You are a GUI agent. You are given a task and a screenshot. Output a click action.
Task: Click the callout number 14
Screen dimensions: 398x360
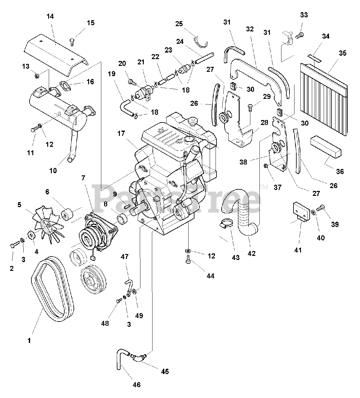pyautogui.click(x=50, y=16)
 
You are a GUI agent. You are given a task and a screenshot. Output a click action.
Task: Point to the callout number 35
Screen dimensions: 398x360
pyautogui.click(x=342, y=53)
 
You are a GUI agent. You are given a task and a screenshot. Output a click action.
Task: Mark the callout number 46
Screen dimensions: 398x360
pyautogui.click(x=137, y=385)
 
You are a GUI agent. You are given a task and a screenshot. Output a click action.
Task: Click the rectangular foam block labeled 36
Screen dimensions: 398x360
pyautogui.click(x=326, y=146)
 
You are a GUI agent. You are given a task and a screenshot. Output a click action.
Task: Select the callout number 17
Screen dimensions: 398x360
pyautogui.click(x=121, y=133)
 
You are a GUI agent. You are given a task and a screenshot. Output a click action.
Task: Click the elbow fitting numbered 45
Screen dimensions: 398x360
pyautogui.click(x=138, y=357)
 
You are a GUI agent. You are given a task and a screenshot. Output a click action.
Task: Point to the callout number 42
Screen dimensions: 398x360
pyautogui.click(x=252, y=253)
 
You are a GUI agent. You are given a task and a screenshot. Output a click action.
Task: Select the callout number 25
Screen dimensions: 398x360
pyautogui.click(x=179, y=24)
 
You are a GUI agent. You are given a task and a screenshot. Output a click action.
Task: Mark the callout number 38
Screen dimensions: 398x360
pyautogui.click(x=244, y=162)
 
